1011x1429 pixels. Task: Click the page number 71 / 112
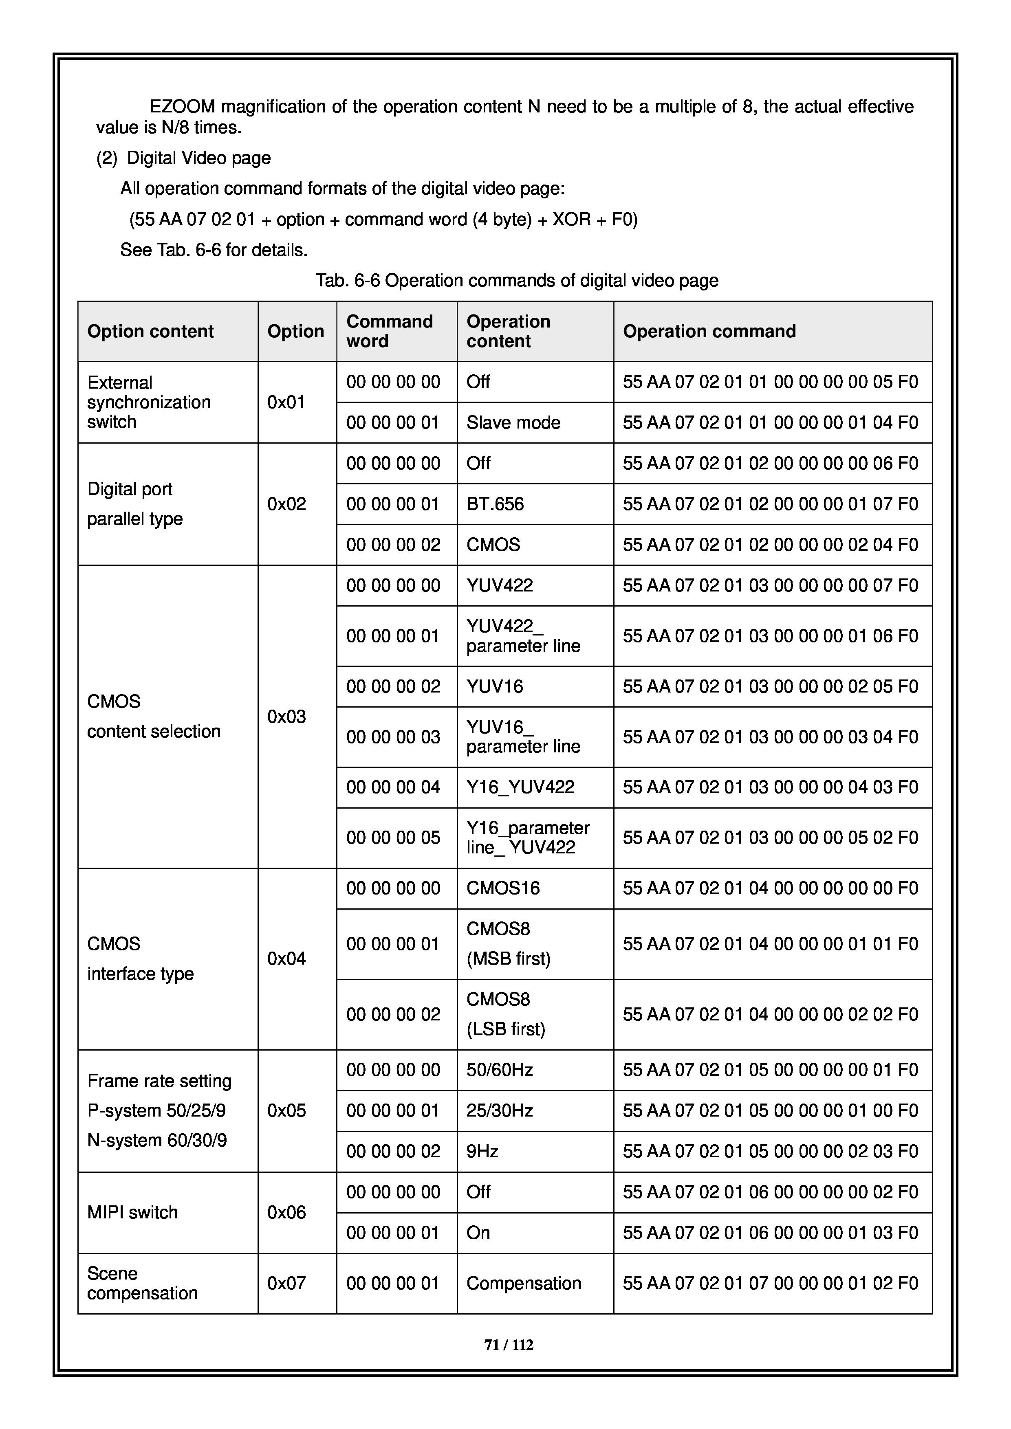(x=509, y=1345)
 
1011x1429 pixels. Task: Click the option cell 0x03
(x=286, y=717)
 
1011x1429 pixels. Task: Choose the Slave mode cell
(x=513, y=422)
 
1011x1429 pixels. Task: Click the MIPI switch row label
(x=132, y=1212)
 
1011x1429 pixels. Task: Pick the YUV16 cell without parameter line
(x=495, y=686)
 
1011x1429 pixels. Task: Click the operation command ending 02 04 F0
(x=770, y=545)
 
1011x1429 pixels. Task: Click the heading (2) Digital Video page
(x=184, y=158)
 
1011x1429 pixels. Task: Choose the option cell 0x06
(x=286, y=1212)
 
